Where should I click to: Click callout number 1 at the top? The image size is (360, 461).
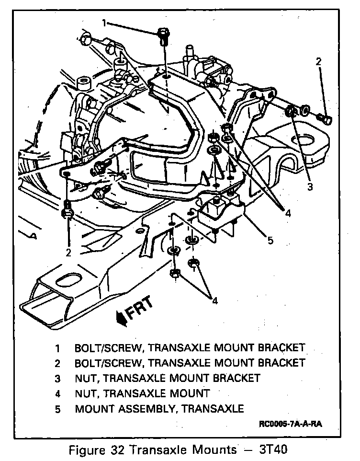coord(104,23)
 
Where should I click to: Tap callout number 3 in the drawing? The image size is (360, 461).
coord(310,187)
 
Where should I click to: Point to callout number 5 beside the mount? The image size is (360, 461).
coord(270,240)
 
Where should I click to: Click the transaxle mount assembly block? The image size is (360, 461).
coord(221,215)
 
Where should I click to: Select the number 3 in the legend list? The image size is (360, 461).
coord(58,378)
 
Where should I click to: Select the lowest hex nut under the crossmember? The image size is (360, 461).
coord(175,274)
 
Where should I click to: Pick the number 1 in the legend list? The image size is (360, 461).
coord(58,347)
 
